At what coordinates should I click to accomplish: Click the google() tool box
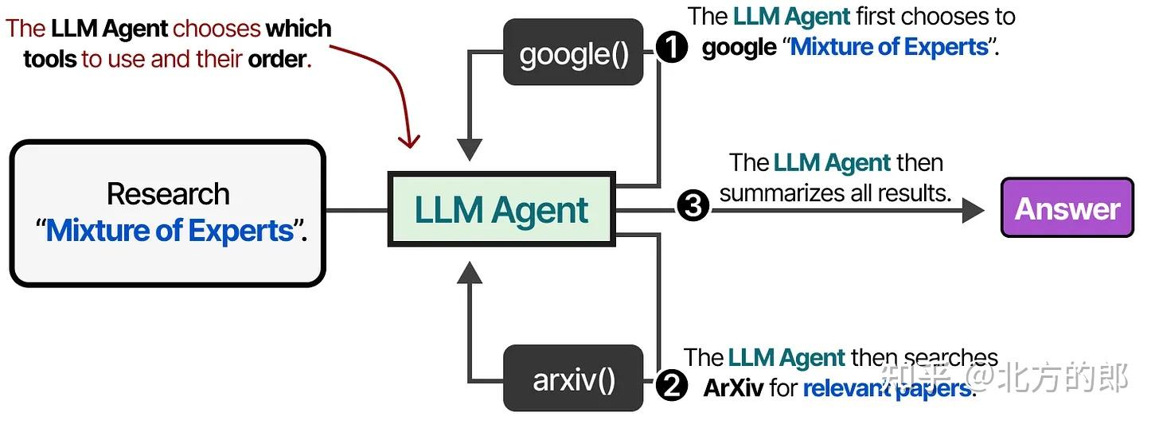tap(573, 52)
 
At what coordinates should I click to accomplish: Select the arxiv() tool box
tap(573, 378)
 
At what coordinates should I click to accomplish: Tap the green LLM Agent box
tap(501, 209)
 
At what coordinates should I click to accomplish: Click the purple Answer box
tap(1067, 208)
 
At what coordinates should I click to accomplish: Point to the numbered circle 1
tap(672, 47)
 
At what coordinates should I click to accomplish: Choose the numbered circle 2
tap(672, 385)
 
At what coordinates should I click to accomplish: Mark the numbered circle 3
tap(693, 205)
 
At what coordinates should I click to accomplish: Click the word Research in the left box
tap(168, 194)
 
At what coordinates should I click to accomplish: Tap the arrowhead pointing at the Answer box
tap(974, 211)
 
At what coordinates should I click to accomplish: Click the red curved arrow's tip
tap(410, 148)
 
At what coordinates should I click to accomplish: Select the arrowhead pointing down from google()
tap(470, 150)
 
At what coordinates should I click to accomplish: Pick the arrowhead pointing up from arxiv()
tap(470, 273)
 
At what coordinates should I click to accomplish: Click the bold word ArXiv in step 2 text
tap(733, 388)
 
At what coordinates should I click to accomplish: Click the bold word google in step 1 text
tap(739, 48)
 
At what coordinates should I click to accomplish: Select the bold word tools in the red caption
tap(50, 59)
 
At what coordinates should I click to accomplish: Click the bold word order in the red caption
tap(277, 60)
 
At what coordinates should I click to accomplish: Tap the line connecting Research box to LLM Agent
tap(357, 211)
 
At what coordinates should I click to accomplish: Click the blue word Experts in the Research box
tap(241, 231)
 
